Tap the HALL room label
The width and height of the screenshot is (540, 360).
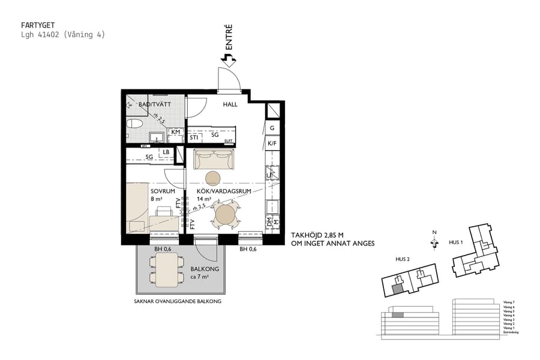tap(230, 104)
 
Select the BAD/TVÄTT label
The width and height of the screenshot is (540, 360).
tap(155, 104)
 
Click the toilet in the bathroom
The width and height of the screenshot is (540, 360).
tap(134, 124)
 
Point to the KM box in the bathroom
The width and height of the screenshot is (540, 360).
tap(176, 132)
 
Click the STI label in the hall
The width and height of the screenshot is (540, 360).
tap(194, 138)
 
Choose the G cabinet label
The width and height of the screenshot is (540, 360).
tap(272, 128)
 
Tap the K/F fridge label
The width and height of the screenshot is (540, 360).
tap(272, 143)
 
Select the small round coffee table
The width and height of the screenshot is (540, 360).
tap(213, 178)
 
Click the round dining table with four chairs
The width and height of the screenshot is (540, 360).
tap(226, 214)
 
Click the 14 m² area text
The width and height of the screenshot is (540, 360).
tap(204, 199)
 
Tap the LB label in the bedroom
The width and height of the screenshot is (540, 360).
tap(166, 152)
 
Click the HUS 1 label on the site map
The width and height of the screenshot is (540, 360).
tap(457, 242)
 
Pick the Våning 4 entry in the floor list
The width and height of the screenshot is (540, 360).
tap(509, 316)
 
